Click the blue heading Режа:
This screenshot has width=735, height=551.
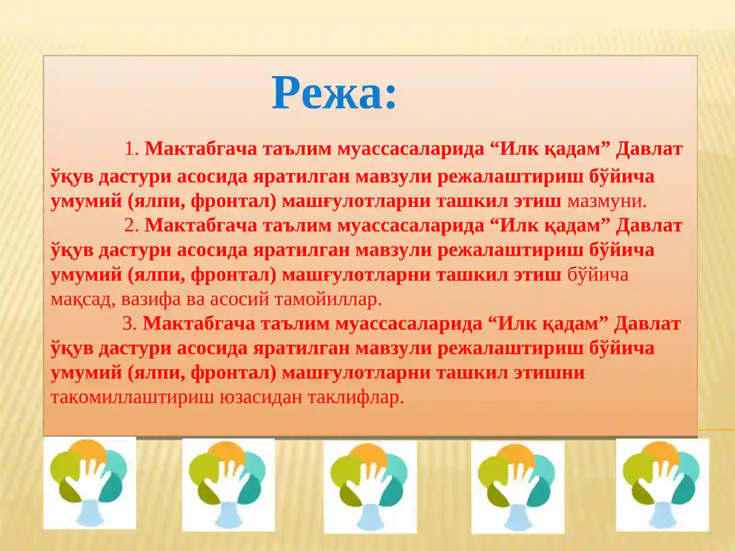point(334,93)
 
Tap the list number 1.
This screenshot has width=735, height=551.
point(131,149)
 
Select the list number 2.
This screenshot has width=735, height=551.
point(131,225)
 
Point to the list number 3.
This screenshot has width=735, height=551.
point(129,324)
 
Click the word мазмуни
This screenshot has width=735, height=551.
point(606,201)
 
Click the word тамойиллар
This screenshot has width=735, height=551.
point(328,299)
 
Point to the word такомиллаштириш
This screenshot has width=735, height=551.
point(132,397)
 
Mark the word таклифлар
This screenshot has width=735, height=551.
point(356,397)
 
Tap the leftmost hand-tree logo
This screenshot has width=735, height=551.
point(90,483)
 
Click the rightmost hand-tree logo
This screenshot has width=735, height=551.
point(662,485)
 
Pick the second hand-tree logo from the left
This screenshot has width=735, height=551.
point(228,485)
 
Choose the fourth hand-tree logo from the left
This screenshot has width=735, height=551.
point(518,487)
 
